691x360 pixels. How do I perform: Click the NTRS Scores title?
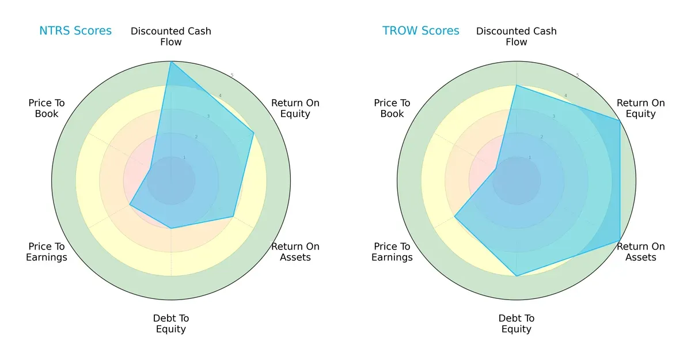(x=75, y=31)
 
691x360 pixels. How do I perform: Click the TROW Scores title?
(x=421, y=31)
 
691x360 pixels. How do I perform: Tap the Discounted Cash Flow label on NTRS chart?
(x=171, y=36)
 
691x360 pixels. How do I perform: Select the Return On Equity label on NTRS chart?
(x=295, y=108)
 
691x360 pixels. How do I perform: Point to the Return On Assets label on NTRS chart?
(x=295, y=252)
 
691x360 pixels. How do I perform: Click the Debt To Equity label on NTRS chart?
(x=171, y=324)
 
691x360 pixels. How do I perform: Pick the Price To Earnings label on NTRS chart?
(x=47, y=252)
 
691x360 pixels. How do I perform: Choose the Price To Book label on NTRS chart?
(x=47, y=108)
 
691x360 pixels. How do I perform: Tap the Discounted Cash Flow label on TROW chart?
(x=517, y=36)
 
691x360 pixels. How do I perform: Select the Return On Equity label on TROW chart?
(x=641, y=108)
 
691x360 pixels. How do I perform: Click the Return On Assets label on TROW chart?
(x=641, y=252)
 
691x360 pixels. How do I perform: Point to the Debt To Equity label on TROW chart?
(x=517, y=324)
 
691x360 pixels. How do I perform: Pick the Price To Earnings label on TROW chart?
(x=392, y=252)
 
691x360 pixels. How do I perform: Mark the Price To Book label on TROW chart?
(x=392, y=108)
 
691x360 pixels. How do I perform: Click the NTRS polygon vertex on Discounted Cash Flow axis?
(x=171, y=62)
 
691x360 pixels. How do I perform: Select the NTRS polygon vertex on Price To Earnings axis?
(x=130, y=204)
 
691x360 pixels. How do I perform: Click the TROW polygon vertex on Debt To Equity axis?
(x=517, y=276)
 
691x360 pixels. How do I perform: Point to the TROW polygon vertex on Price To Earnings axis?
(x=455, y=217)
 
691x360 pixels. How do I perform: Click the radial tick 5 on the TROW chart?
(x=578, y=75)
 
